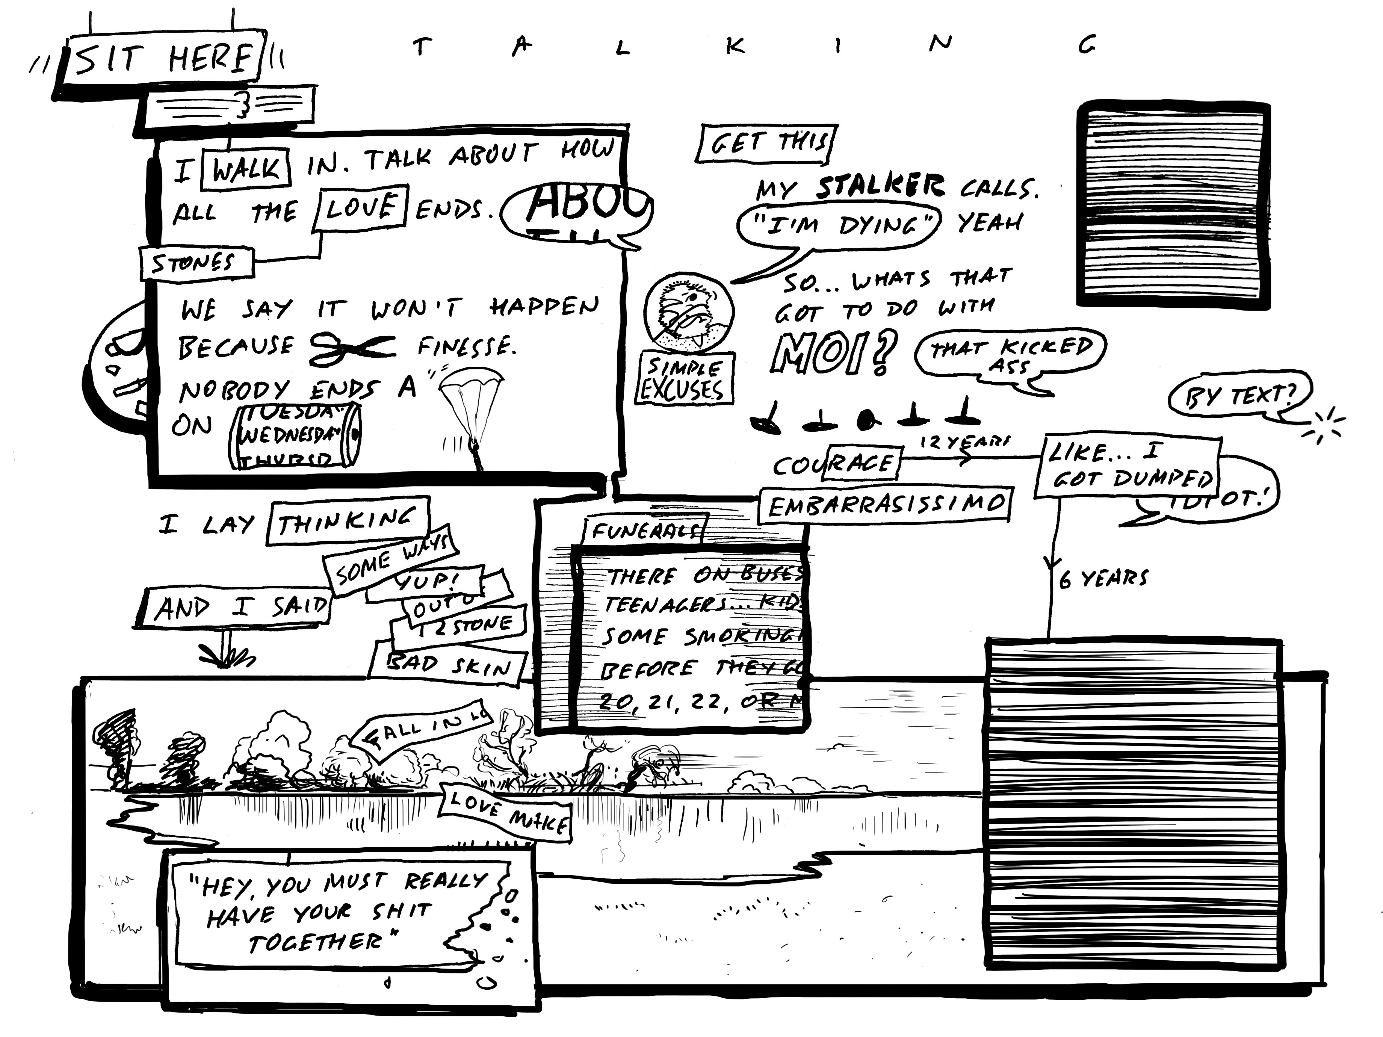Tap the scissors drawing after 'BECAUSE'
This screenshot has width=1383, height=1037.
coord(351,346)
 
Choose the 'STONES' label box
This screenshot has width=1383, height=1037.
coord(195,263)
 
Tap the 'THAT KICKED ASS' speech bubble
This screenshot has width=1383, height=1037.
coord(1010,354)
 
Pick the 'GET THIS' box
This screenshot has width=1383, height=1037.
coord(766,144)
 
